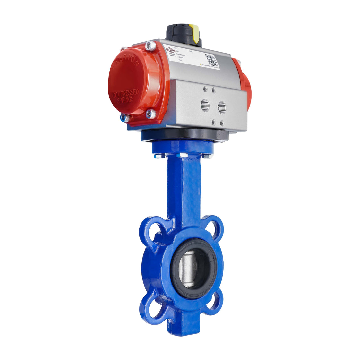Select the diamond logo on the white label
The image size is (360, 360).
coord(170,51)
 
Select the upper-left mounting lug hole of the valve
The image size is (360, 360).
coord(153,229)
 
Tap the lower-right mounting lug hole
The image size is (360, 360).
coord(213,302)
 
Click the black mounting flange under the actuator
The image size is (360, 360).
coord(184,136)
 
